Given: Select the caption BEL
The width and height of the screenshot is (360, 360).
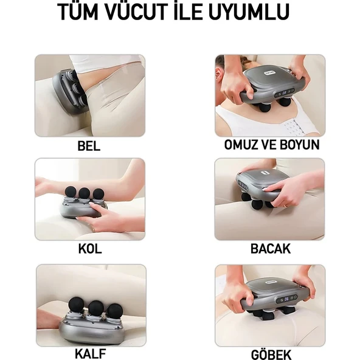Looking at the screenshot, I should pyautogui.click(x=89, y=147).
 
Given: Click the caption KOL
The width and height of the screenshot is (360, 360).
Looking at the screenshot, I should pyautogui.click(x=89, y=249).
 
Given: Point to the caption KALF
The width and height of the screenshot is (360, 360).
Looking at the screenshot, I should pyautogui.click(x=89, y=352).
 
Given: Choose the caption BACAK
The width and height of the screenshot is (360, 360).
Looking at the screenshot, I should pyautogui.click(x=270, y=249).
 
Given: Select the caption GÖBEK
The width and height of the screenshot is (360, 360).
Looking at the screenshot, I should pyautogui.click(x=270, y=353).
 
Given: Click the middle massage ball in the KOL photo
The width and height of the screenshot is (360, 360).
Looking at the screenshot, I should pyautogui.click(x=85, y=194).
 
